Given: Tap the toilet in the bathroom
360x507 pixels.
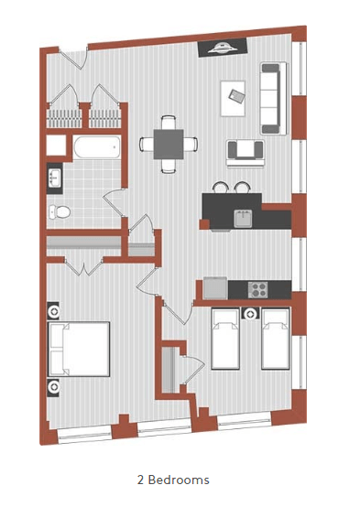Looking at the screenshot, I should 60,212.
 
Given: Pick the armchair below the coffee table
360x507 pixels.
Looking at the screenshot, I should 243,150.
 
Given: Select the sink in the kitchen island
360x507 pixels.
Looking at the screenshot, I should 243,218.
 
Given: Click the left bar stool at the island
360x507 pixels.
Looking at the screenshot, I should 221,187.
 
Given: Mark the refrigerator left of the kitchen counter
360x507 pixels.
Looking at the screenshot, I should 214,287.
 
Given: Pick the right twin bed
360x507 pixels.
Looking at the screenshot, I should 275,338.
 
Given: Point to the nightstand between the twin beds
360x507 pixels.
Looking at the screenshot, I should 250,314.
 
